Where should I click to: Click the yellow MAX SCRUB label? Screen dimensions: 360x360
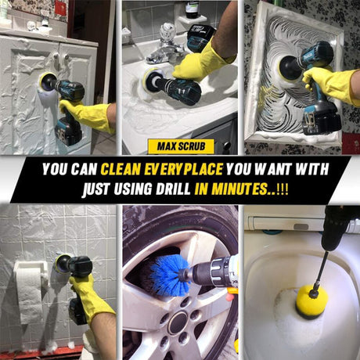coord(181,146)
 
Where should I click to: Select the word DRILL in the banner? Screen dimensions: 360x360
coord(173,189)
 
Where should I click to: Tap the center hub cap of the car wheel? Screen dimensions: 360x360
coord(178,323)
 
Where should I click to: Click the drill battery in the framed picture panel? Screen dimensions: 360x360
coord(322,121)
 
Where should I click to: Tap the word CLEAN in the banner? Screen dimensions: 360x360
coord(121,169)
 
